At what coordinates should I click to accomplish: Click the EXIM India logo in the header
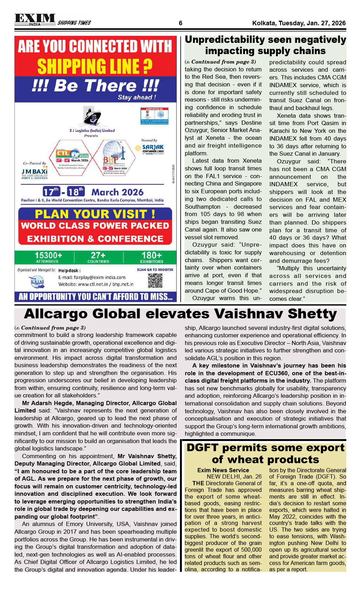point(35,20)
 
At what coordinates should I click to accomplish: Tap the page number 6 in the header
point(180,23)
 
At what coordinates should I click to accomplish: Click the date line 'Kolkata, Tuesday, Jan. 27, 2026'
point(299,23)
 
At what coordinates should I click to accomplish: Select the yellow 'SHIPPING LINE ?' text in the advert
point(95,66)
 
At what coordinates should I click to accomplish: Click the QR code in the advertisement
point(155,280)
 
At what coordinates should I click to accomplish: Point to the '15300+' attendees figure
point(48,255)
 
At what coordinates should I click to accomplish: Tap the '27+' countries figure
point(98,255)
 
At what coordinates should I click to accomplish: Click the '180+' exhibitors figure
point(152,255)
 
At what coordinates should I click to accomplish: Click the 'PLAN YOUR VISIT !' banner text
point(95,214)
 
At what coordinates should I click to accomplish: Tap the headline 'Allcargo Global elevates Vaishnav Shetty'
point(180,314)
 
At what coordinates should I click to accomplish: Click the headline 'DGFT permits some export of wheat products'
point(265,453)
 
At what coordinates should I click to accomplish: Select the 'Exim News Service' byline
point(223,470)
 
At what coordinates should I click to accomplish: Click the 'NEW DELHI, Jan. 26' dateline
point(234,476)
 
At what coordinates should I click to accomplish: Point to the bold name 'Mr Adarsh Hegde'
point(47,403)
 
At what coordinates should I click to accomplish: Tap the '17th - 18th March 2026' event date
point(93,192)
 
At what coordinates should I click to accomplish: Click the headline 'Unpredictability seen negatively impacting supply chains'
point(265,45)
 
